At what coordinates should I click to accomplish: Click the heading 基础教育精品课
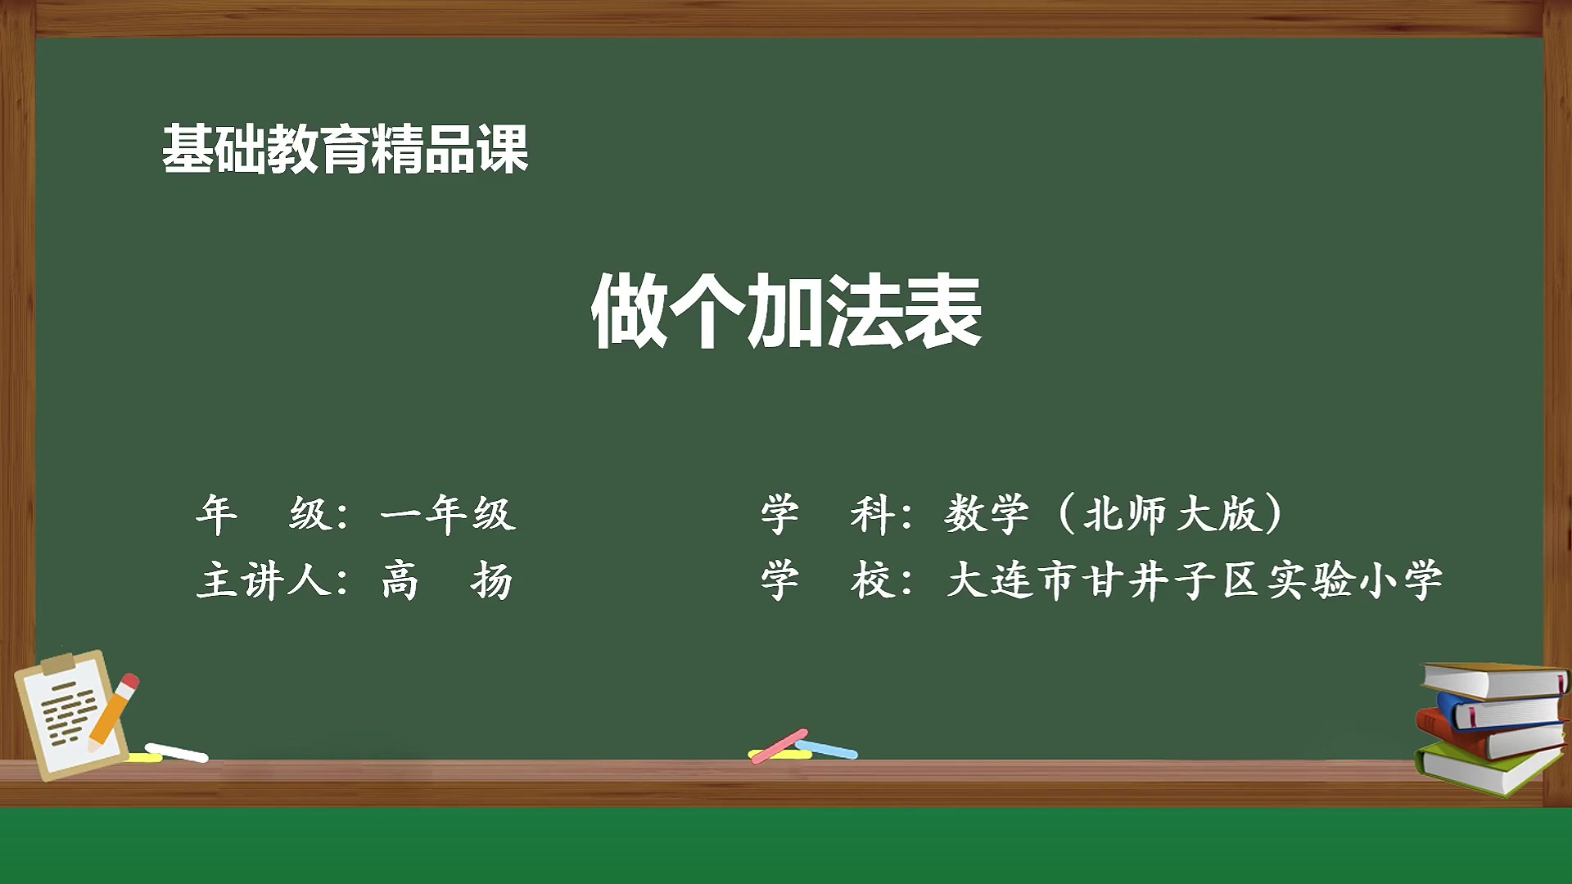[345, 149]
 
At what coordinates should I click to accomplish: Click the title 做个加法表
[786, 312]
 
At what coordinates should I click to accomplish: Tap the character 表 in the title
[942, 312]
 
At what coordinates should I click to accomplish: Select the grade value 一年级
[447, 515]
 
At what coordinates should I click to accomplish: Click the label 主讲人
[264, 581]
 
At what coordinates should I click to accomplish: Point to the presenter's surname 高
[400, 581]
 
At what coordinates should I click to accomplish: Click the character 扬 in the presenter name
[491, 581]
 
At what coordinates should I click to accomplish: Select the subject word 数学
[987, 515]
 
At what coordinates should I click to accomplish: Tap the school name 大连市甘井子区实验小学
[1194, 581]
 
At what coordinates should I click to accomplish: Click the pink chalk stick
[779, 746]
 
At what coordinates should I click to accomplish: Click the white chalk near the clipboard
[176, 752]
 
